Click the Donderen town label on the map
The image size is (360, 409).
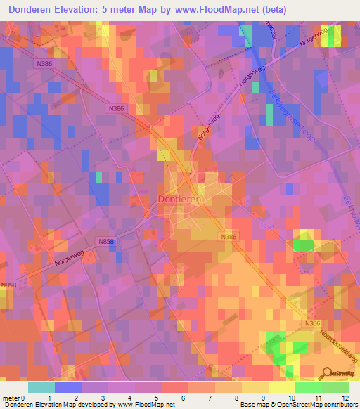pyautogui.click(x=181, y=199)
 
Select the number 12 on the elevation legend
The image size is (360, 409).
pyautogui.click(x=345, y=398)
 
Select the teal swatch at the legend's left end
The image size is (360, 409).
pyautogui.click(x=41, y=387)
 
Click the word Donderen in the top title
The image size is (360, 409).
pyautogui.click(x=34, y=9)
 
